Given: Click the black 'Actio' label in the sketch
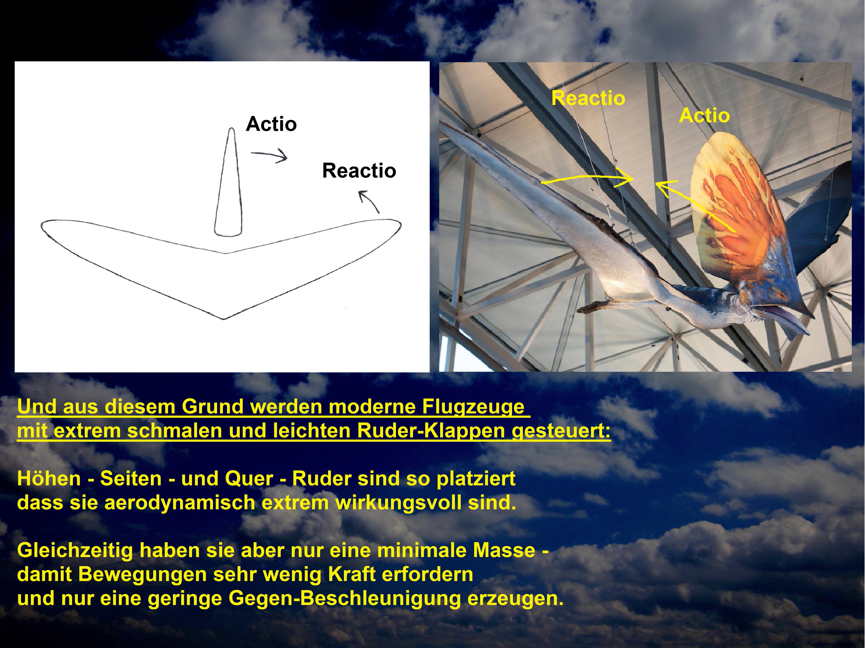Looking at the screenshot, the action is tap(271, 124).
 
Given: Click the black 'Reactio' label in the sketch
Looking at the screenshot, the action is tap(359, 171).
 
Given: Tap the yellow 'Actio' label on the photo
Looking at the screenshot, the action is tap(704, 116).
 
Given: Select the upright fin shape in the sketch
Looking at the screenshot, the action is tap(229, 184).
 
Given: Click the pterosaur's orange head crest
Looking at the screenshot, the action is tap(731, 211).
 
